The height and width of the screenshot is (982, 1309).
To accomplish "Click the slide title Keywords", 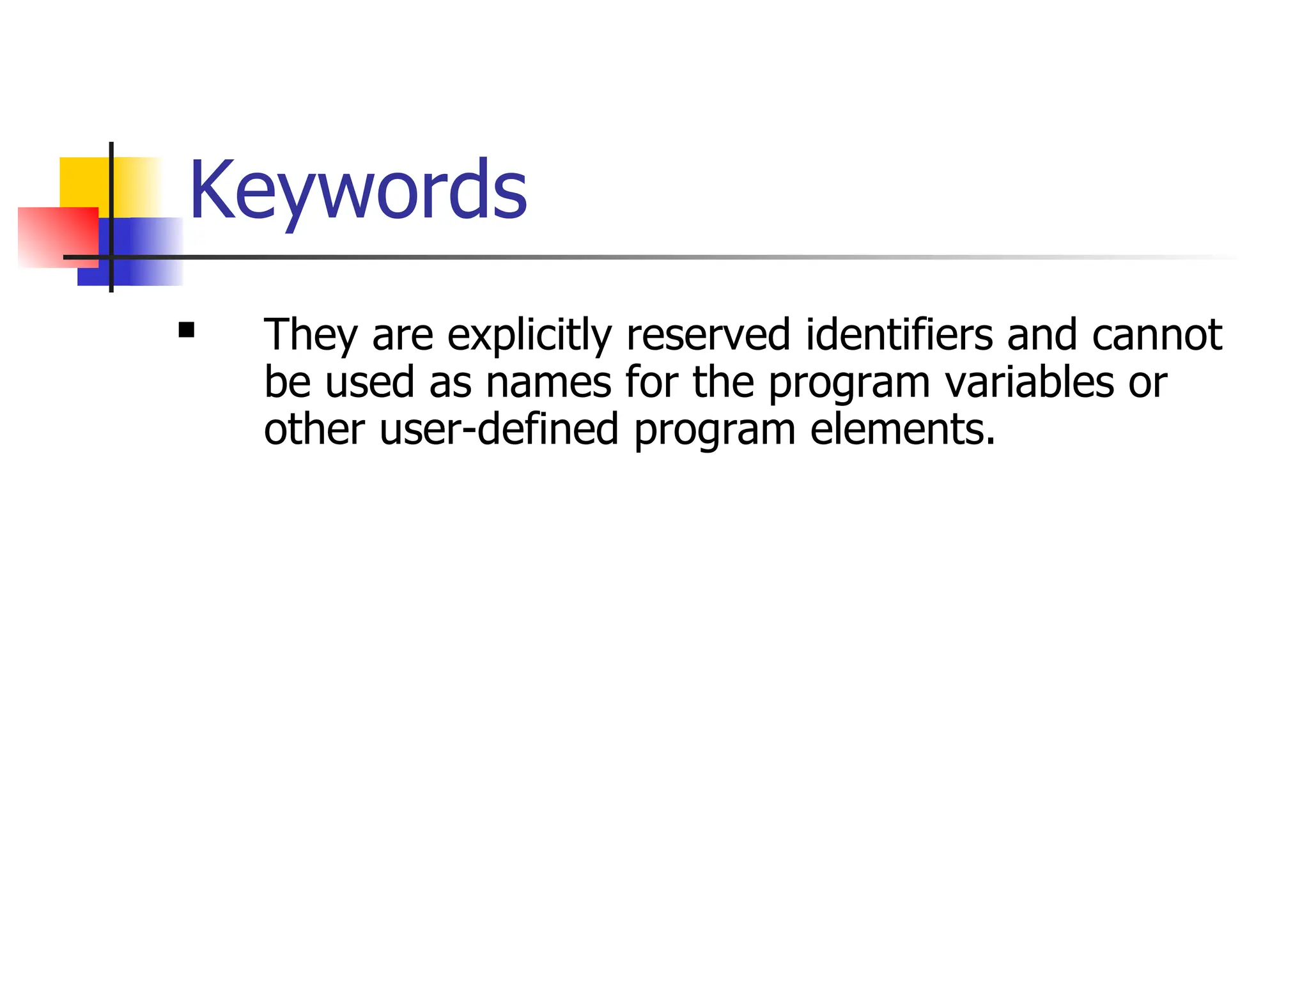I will pyautogui.click(x=358, y=191).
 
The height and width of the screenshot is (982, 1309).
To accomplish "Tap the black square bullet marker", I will pyautogui.click(x=187, y=330).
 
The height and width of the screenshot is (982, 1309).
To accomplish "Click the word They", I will pyautogui.click(x=311, y=335).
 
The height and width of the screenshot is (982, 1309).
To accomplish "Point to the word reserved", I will pyautogui.click(x=708, y=335).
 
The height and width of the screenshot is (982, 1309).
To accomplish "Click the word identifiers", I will pyautogui.click(x=899, y=335).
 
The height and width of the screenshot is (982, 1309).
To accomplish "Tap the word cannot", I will pyautogui.click(x=1157, y=335).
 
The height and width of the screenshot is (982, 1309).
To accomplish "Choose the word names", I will pyautogui.click(x=548, y=382).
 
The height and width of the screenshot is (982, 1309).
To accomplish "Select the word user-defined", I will pyautogui.click(x=499, y=430).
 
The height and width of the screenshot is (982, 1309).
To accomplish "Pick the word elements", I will pyautogui.click(x=902, y=430).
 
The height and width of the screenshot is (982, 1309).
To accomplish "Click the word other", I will pyautogui.click(x=314, y=430).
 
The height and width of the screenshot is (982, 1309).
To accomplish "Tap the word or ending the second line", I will pyautogui.click(x=1148, y=382).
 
